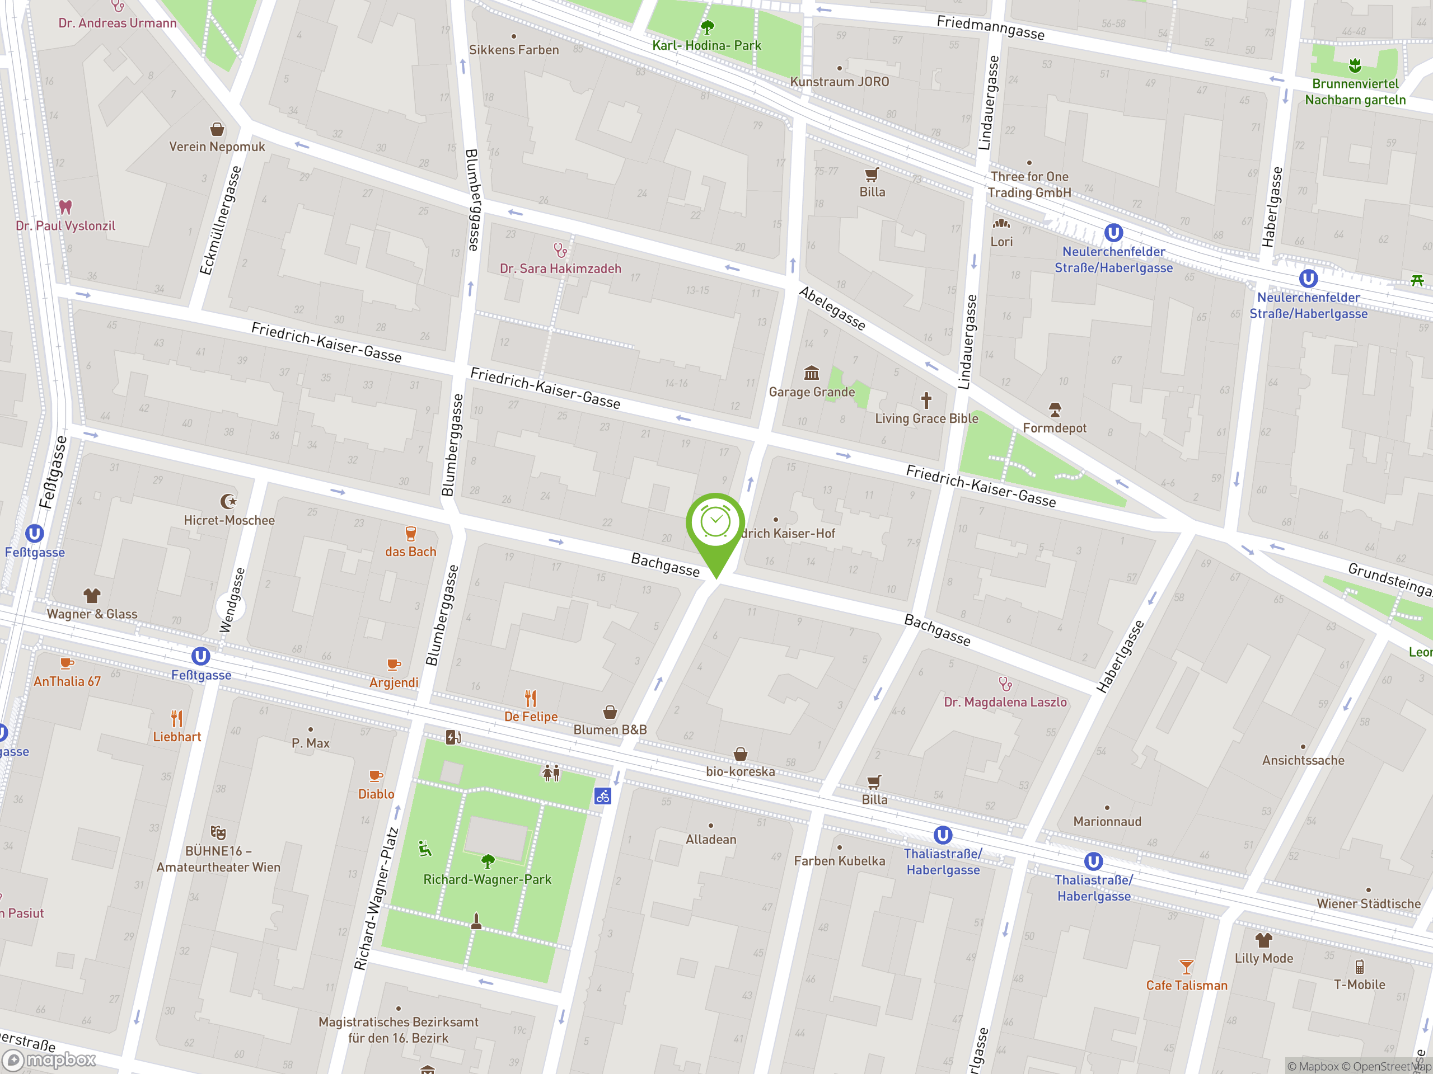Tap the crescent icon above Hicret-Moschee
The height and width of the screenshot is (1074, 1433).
(228, 501)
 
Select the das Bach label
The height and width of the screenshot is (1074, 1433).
(410, 552)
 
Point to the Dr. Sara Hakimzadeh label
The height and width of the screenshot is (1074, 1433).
(560, 268)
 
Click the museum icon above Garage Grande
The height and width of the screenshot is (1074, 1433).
(811, 373)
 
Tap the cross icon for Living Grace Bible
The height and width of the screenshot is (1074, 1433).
(926, 401)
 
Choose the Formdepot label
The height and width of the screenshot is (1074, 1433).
(1054, 428)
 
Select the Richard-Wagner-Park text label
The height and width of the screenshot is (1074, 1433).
(487, 879)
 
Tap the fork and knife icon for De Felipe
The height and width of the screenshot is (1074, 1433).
(531, 698)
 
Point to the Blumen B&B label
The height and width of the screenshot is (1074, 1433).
(610, 729)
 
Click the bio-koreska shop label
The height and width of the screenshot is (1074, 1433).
(740, 771)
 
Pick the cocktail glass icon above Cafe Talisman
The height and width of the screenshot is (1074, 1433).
(1186, 967)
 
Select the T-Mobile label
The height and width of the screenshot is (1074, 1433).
(1359, 984)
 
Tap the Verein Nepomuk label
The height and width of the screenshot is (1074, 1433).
(217, 147)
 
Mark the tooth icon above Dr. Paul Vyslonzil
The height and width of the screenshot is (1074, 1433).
(65, 207)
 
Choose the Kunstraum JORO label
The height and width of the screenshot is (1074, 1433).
(839, 82)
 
